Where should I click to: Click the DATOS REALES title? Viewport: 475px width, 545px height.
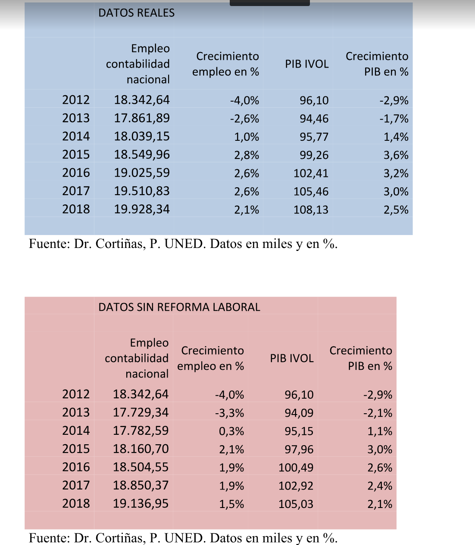(x=136, y=13)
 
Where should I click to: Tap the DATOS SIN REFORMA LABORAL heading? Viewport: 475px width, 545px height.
(x=179, y=307)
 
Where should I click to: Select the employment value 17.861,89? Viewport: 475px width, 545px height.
(x=142, y=118)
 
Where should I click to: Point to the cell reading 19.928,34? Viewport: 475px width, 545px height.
(x=142, y=209)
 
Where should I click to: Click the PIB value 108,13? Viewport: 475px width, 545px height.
(x=311, y=210)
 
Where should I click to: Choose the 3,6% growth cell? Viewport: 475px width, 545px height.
(x=396, y=155)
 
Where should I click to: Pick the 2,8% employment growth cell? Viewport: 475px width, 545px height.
(x=247, y=155)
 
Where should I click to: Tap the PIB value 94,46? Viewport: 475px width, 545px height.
(x=314, y=118)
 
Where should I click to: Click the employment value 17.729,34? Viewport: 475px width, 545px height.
(x=141, y=412)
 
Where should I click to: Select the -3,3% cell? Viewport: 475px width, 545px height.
(x=229, y=413)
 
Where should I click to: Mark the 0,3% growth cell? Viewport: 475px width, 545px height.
(x=231, y=431)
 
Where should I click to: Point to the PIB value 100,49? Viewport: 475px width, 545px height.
(x=296, y=468)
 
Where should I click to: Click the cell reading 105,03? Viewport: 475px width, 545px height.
(x=296, y=504)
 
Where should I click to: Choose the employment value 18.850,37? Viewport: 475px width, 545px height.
(x=141, y=486)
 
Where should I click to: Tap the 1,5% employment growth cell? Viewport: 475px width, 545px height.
(x=231, y=504)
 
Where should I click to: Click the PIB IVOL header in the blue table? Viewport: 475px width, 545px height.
(x=306, y=64)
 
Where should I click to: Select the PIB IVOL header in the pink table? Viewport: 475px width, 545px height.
(x=291, y=358)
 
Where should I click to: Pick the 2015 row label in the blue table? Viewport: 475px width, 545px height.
(x=76, y=155)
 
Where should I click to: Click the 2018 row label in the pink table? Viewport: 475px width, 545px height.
(x=76, y=504)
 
